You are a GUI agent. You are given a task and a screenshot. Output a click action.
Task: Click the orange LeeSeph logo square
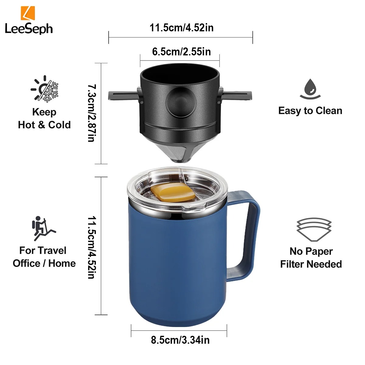tap(28, 13)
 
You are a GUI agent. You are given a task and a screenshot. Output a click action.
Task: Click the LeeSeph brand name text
tap(29, 29)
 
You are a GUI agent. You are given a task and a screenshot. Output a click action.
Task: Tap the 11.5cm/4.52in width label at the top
tap(182, 28)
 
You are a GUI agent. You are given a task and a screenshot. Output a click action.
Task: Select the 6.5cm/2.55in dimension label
tap(181, 51)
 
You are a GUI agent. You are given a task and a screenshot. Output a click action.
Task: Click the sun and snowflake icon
tap(44, 89)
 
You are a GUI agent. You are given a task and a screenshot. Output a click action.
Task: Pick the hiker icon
tap(43, 228)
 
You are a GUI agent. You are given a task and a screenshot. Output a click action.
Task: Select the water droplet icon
tap(310, 89)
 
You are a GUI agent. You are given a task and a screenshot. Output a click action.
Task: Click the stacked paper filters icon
tap(314, 230)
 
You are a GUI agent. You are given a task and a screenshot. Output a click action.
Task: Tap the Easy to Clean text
tap(310, 111)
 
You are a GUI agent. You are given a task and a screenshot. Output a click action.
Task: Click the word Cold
tap(60, 125)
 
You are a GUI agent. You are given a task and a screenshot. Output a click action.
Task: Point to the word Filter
tap(292, 264)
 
